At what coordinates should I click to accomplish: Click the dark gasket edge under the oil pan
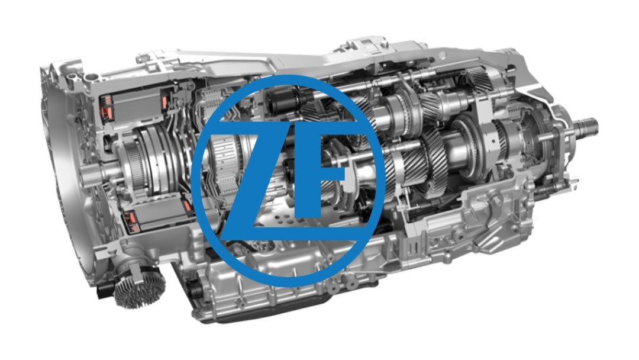261,313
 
